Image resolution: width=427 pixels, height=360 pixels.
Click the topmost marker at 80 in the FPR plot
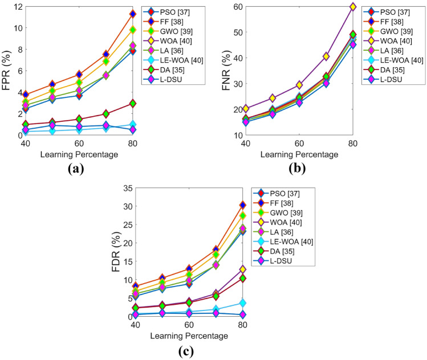[x=132, y=14]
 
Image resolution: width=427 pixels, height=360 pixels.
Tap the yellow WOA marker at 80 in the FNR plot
[x=353, y=7]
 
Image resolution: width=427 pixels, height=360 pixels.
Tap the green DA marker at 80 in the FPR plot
[x=132, y=104]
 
